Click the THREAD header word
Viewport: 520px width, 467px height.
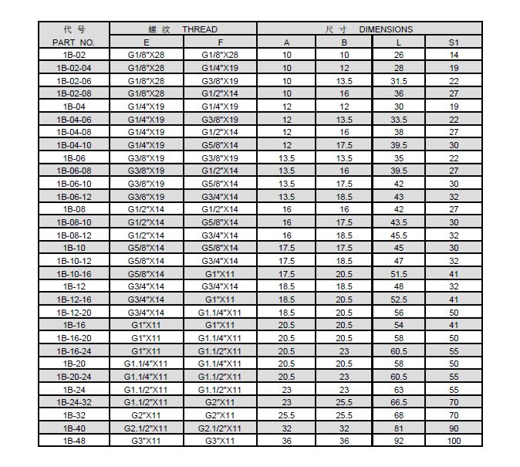tap(200, 29)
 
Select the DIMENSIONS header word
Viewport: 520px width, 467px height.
tap(387, 29)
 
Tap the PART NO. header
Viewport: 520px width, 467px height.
tap(74, 42)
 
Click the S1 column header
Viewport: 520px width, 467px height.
tap(454, 42)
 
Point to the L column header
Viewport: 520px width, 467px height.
tap(398, 42)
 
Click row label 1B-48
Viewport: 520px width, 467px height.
tap(74, 441)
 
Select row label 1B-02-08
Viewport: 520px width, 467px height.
tap(74, 93)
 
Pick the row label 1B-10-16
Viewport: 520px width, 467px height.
tap(74, 273)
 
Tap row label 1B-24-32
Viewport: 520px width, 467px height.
tap(74, 402)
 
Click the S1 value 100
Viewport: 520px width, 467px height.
tap(454, 441)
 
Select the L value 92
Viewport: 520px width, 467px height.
tap(398, 441)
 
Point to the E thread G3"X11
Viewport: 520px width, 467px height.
tap(146, 441)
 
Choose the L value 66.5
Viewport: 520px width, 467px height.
tap(398, 402)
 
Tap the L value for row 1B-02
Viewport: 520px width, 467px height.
tap(398, 55)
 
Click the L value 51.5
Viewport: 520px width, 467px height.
tap(398, 273)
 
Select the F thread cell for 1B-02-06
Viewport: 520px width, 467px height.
tap(220, 80)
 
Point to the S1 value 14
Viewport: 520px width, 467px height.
tap(454, 55)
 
